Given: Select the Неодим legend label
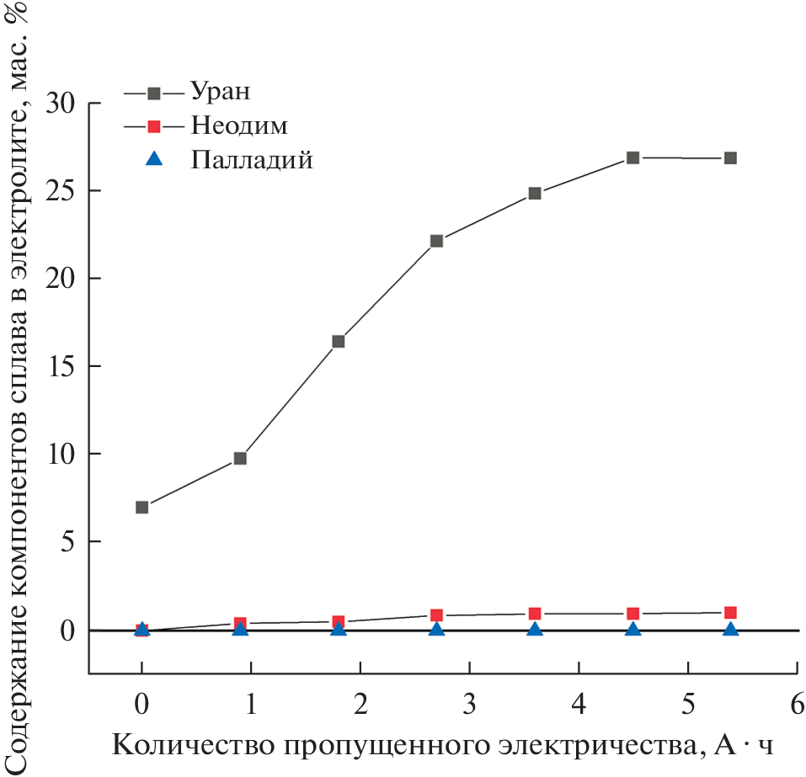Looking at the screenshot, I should pyautogui.click(x=239, y=125).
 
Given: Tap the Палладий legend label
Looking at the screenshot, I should pyautogui.click(x=252, y=160).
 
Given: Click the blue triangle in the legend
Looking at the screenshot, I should pyautogui.click(x=154, y=160).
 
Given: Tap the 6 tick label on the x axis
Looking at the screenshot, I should pyautogui.click(x=797, y=704).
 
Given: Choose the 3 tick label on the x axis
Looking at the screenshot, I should pyautogui.click(x=469, y=704).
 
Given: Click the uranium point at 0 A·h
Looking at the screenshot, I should pyautogui.click(x=141, y=508).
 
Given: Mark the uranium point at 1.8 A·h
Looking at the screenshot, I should pyautogui.click(x=339, y=341).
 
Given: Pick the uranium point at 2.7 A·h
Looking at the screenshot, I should pyautogui.click(x=436, y=241).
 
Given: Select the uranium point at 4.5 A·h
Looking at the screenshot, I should pyautogui.click(x=633, y=157).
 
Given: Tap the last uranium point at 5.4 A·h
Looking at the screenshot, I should pyautogui.click(x=731, y=158).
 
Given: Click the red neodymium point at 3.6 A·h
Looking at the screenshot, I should pyautogui.click(x=535, y=614).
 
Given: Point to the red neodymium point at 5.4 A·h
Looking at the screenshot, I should pyautogui.click(x=731, y=612).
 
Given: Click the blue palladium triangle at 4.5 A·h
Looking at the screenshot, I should pyautogui.click(x=633, y=629).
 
